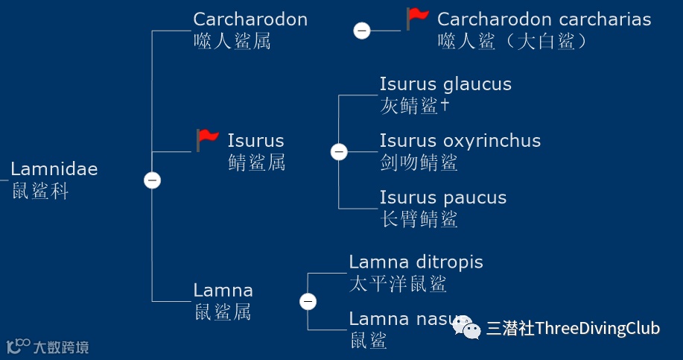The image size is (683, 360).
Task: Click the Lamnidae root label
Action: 54,180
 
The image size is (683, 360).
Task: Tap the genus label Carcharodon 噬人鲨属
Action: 250,30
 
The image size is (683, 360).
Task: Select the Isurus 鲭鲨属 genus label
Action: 255,151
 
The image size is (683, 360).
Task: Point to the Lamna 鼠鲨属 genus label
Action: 223,300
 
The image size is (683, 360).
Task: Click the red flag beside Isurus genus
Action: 208,139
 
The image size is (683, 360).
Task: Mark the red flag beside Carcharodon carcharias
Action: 417,18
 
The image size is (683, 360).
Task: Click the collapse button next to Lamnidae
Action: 152,180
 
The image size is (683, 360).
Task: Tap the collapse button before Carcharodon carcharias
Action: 361,31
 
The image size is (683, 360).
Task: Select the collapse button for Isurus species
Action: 339,152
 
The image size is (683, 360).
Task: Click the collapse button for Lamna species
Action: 308,301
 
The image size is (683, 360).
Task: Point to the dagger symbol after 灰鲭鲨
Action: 445,106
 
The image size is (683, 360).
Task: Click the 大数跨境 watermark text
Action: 61,347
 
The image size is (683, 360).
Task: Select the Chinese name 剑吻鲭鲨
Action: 418,162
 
